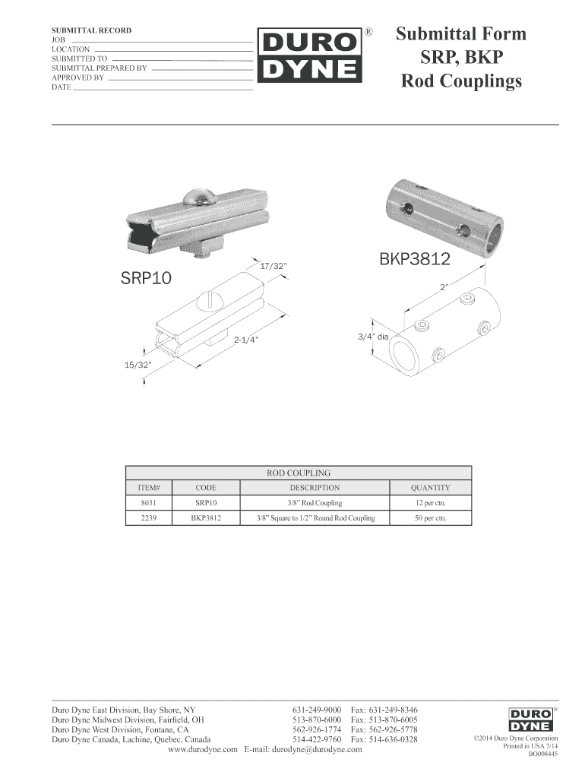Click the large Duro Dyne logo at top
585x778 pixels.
coord(310,55)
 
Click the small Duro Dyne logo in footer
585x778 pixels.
coord(530,719)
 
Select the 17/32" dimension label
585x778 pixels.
coord(274,266)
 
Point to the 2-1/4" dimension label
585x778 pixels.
coord(247,340)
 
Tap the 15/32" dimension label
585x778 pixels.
coord(138,365)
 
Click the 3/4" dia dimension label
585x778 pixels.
coord(373,337)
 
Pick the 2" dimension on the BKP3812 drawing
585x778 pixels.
coord(444,286)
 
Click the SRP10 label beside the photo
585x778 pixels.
coord(146,278)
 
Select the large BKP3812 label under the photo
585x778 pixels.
coord(415,258)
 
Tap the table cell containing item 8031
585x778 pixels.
coord(148,503)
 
